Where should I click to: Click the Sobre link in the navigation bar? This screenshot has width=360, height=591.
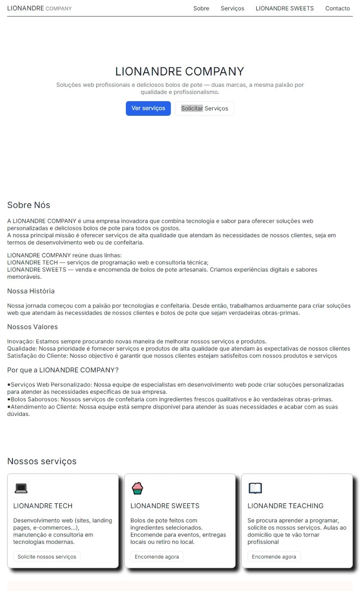pyautogui.click(x=201, y=8)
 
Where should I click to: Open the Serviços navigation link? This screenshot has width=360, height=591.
pyautogui.click(x=232, y=8)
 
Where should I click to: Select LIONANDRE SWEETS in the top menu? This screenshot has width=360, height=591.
pyautogui.click(x=285, y=8)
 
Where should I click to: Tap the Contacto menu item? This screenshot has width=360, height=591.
pyautogui.click(x=337, y=8)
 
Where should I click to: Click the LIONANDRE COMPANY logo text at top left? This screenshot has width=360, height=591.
pyautogui.click(x=39, y=8)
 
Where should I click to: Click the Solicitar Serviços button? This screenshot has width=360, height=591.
pyautogui.click(x=204, y=109)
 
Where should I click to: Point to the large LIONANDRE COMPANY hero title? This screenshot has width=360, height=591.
pyautogui.click(x=180, y=71)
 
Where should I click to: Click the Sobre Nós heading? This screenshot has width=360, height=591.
pyautogui.click(x=29, y=205)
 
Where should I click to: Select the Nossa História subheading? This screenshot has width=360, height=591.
pyautogui.click(x=31, y=291)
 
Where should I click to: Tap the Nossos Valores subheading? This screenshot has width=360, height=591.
pyautogui.click(x=32, y=327)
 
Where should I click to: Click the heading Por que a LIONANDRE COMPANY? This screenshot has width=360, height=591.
pyautogui.click(x=63, y=370)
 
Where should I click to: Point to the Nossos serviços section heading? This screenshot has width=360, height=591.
pyautogui.click(x=42, y=461)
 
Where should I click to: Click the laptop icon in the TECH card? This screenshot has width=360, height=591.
pyautogui.click(x=21, y=489)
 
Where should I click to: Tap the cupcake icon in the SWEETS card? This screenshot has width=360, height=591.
pyautogui.click(x=137, y=488)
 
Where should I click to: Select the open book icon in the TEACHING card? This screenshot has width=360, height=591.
pyautogui.click(x=255, y=488)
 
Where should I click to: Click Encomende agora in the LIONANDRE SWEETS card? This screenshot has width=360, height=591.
pyautogui.click(x=157, y=557)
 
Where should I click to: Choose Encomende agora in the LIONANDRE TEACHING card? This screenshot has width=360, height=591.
pyautogui.click(x=274, y=557)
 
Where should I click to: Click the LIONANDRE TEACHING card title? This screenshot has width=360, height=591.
pyautogui.click(x=285, y=506)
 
